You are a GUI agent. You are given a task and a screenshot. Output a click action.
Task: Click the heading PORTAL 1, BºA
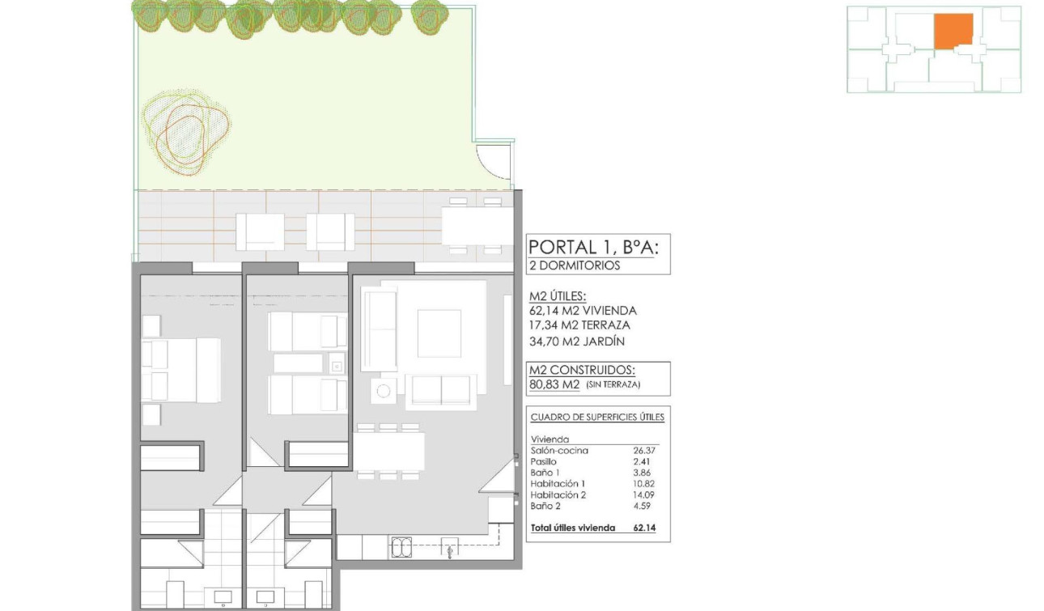(x=593, y=247)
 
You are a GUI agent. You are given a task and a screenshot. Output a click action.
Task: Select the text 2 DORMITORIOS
(x=575, y=265)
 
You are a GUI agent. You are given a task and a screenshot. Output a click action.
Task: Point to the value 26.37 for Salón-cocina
(x=645, y=451)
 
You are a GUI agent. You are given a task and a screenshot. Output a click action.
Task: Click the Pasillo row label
(x=544, y=461)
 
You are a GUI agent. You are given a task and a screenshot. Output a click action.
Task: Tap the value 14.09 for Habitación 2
(x=645, y=494)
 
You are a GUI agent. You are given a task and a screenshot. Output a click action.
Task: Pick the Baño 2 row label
(x=546, y=506)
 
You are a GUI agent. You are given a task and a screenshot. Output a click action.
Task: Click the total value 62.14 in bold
(x=645, y=528)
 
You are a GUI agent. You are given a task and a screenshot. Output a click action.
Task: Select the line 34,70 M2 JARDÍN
(x=577, y=342)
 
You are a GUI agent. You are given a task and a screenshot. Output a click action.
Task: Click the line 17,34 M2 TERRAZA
(x=579, y=325)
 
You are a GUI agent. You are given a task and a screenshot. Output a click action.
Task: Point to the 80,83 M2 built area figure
(x=554, y=385)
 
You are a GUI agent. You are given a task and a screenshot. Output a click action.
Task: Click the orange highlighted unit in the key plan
(x=953, y=32)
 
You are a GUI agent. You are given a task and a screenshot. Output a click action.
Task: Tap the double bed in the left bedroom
(x=182, y=370)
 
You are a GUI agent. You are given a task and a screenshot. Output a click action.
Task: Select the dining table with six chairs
(x=389, y=452)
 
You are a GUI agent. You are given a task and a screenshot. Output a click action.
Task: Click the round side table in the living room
(x=384, y=392)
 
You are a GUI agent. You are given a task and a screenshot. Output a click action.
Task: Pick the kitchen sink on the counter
(x=401, y=548)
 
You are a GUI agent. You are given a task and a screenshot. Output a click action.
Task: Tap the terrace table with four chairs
(x=477, y=224)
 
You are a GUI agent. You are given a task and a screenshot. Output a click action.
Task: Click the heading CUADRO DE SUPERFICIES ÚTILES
(x=597, y=418)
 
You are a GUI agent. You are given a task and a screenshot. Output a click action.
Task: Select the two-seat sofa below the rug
(x=441, y=391)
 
